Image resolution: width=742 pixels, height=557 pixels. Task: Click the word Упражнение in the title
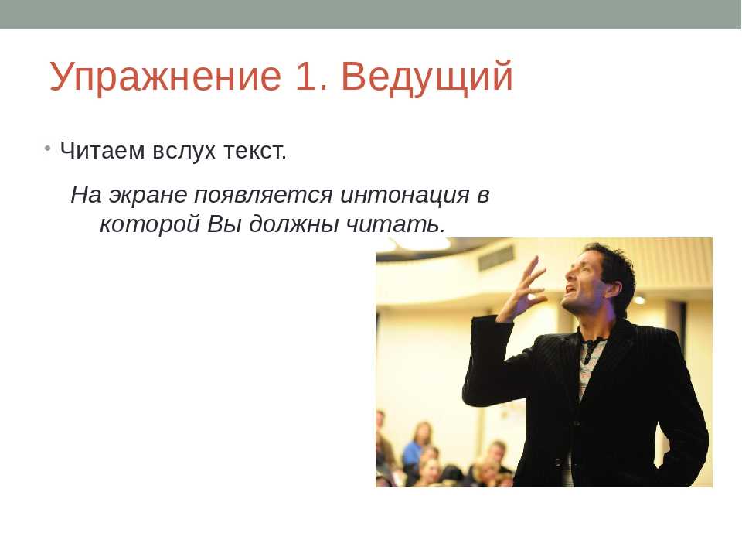tap(165, 77)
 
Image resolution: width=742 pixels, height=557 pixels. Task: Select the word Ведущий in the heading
tap(427, 77)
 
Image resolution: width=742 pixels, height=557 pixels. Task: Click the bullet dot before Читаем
tap(47, 149)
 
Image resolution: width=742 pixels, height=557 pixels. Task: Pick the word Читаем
tap(102, 151)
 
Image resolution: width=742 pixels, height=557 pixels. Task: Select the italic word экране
tap(148, 195)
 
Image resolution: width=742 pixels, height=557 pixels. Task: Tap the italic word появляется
tap(264, 195)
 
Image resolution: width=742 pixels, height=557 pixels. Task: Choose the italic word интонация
tap(405, 195)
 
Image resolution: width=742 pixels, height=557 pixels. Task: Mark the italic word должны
tap(294, 224)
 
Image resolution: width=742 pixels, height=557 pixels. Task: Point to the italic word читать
tap(396, 224)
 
